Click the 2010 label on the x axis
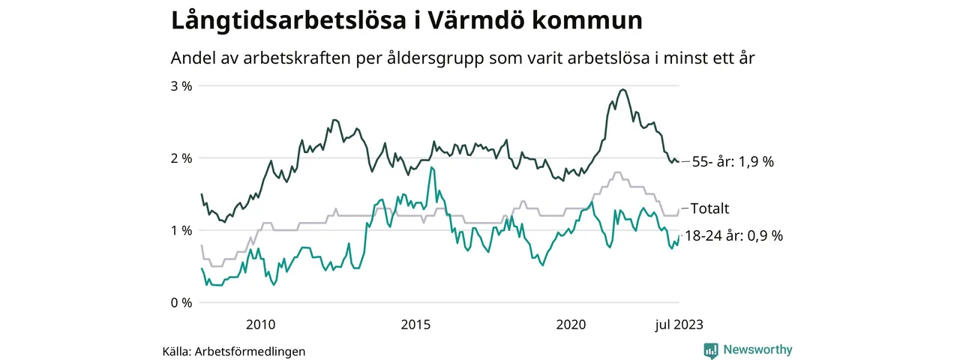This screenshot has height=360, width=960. tap(260, 325)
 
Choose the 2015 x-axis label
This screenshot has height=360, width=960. tap(415, 325)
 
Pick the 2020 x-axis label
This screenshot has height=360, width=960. tap(570, 325)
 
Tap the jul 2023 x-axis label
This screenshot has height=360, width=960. tap(678, 325)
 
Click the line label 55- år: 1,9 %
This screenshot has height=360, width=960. tap(733, 162)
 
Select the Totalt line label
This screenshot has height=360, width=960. tap(709, 208)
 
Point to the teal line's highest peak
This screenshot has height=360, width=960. tap(431, 167)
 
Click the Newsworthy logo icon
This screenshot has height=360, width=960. tap(711, 350)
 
